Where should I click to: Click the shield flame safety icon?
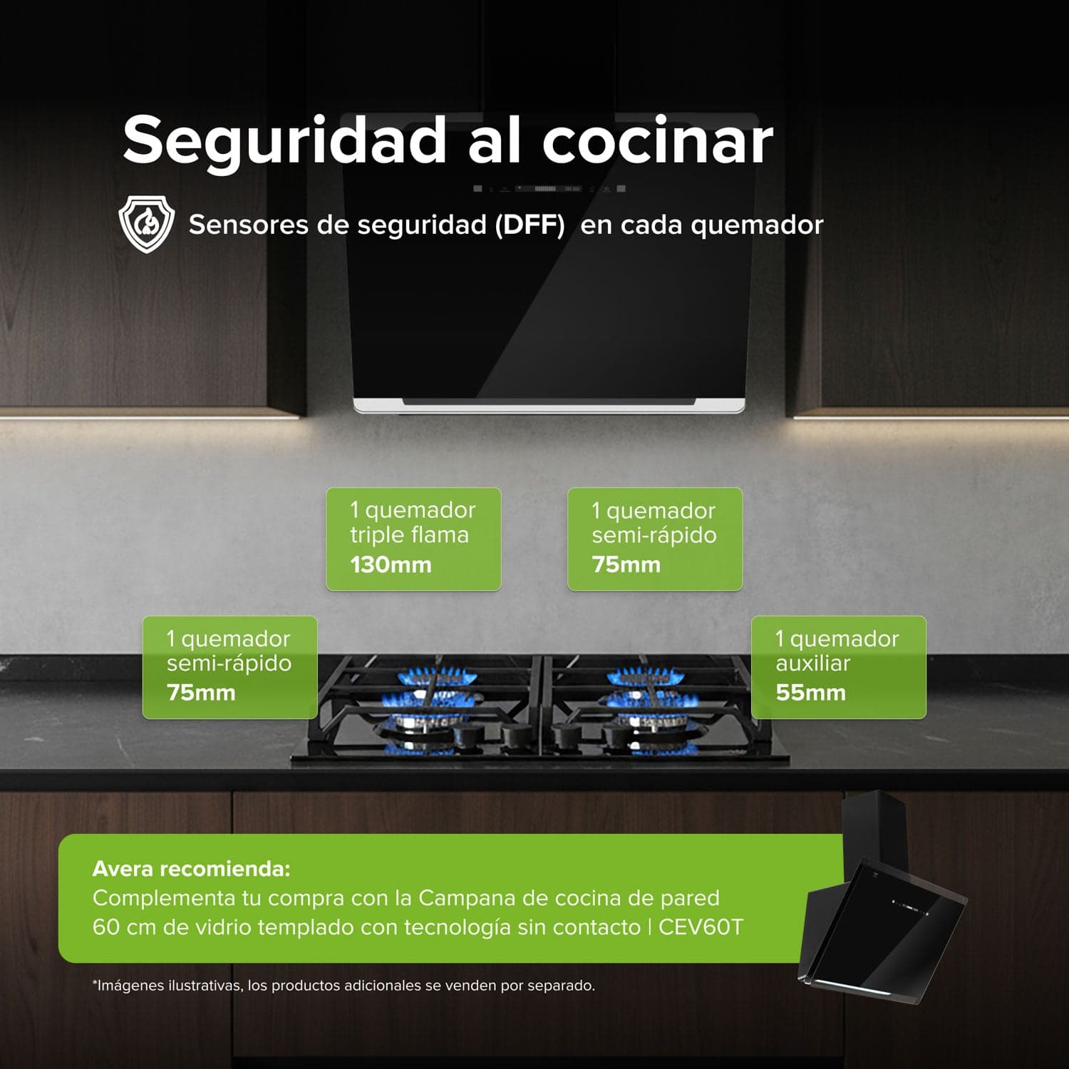146,224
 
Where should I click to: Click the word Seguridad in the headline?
284,140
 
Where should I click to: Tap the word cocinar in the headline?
657,140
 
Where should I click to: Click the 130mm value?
391,565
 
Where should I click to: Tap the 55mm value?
810,693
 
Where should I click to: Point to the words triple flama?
409,534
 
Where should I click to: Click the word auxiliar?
812,663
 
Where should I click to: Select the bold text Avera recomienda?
191,869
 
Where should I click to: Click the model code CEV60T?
700,927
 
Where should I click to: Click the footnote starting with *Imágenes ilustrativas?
344,986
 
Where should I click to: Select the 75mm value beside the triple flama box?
626,565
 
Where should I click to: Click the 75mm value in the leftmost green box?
201,693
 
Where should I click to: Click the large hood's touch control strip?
549,189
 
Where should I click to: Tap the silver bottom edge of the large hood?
549,408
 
